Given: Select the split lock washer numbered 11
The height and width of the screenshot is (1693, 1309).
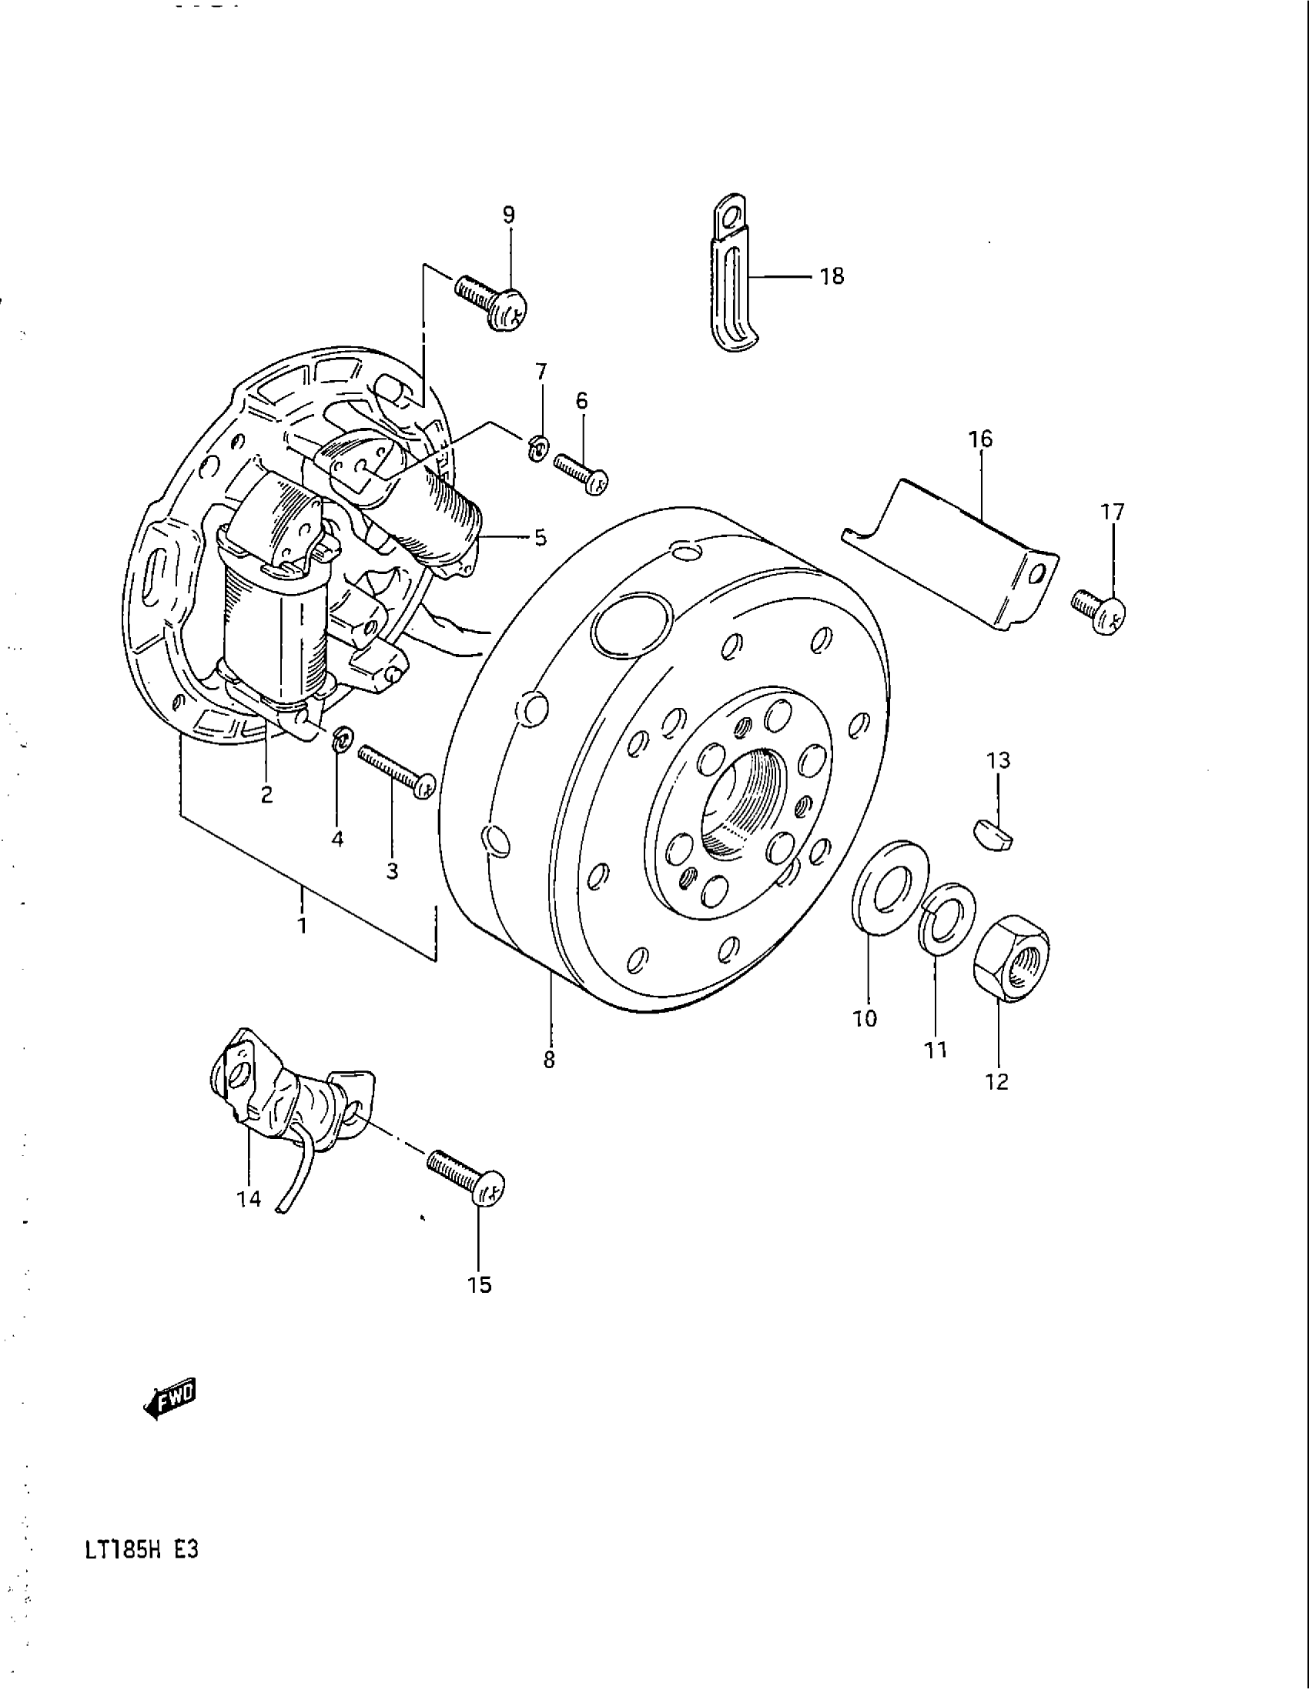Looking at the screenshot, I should point(947,919).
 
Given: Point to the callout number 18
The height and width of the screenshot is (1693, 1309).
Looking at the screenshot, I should point(832,276).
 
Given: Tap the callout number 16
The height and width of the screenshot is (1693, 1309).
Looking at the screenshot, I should point(980,439).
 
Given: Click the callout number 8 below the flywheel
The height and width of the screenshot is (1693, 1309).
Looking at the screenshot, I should point(549,1060).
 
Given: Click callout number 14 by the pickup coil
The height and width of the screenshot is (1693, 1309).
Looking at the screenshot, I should point(249,1199).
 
